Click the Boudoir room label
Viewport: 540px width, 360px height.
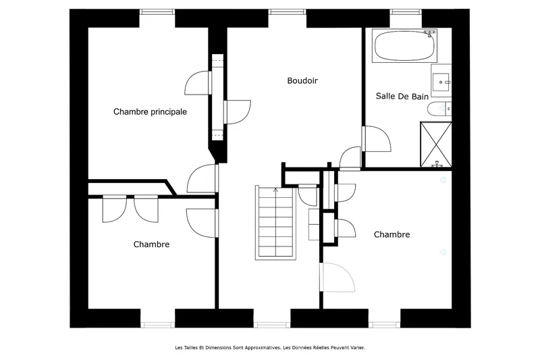(x=302, y=80)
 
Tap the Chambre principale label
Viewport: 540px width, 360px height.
(x=150, y=111)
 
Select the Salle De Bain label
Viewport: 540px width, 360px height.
(x=402, y=96)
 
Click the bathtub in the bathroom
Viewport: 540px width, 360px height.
(x=404, y=46)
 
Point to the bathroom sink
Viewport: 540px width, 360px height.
(x=441, y=81)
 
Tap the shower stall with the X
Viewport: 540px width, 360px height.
(x=436, y=145)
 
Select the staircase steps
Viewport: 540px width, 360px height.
(x=275, y=222)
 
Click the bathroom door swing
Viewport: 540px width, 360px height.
(x=377, y=139)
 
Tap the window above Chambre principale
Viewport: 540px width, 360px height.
(x=157, y=11)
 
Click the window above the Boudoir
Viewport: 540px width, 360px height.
(x=288, y=11)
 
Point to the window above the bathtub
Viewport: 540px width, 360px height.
(x=406, y=11)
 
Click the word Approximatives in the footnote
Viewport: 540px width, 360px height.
(x=263, y=348)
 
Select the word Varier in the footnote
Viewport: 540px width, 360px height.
(x=357, y=348)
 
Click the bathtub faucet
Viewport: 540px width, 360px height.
(x=430, y=33)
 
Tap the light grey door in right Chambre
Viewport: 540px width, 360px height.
(x=337, y=278)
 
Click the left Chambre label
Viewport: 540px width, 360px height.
(x=151, y=245)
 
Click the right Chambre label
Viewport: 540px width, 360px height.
(x=392, y=234)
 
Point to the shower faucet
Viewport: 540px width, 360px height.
(x=437, y=164)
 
